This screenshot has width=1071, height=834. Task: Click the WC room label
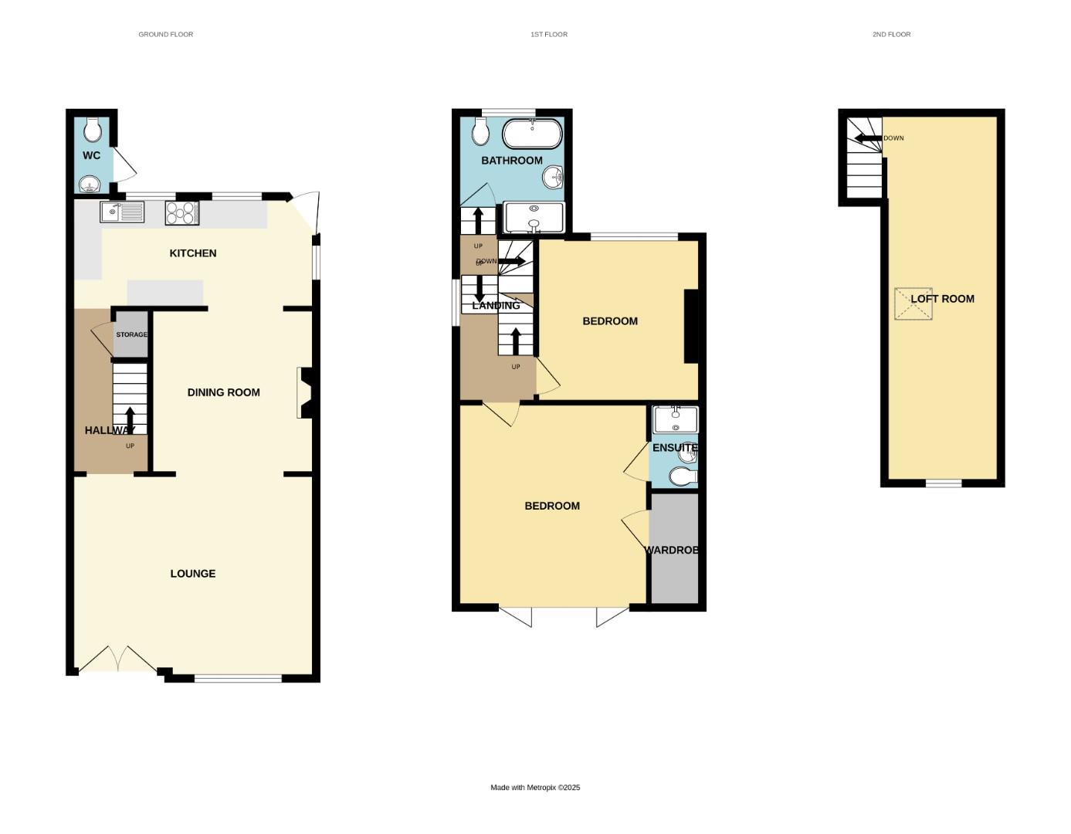pyautogui.click(x=91, y=155)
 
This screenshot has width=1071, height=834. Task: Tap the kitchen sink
pyautogui.click(x=121, y=212)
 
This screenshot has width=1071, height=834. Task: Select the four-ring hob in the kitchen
pyautogui.click(x=182, y=212)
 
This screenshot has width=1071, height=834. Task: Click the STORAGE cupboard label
pyautogui.click(x=131, y=334)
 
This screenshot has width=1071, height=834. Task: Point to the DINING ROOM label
pyautogui.click(x=223, y=392)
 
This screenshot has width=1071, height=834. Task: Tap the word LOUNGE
pyautogui.click(x=193, y=574)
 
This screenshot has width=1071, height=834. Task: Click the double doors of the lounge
pyautogui.click(x=117, y=659)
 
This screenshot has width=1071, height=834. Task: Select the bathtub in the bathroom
pyautogui.click(x=532, y=134)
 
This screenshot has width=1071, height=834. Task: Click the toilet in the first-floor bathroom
pyautogui.click(x=480, y=133)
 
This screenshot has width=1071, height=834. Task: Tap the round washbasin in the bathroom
pyautogui.click(x=554, y=178)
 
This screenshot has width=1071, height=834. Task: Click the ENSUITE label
pyautogui.click(x=675, y=448)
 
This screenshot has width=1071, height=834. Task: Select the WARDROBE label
pyautogui.click(x=672, y=551)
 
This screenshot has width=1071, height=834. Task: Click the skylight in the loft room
pyautogui.click(x=913, y=303)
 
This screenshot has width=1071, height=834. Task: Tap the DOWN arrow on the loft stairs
pyautogui.click(x=868, y=139)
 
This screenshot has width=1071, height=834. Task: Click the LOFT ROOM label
pyautogui.click(x=942, y=299)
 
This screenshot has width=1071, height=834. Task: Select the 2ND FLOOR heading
pyautogui.click(x=891, y=35)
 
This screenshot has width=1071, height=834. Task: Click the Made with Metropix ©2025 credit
pyautogui.click(x=535, y=788)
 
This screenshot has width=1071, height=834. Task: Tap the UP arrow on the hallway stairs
pyautogui.click(x=130, y=419)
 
